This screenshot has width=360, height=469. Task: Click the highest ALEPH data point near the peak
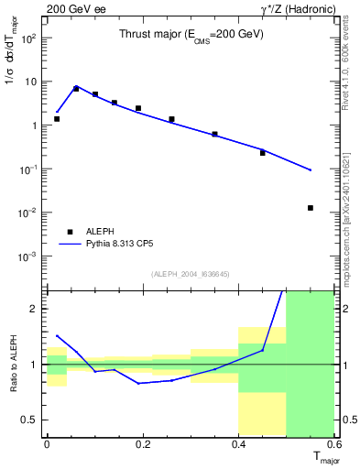76,89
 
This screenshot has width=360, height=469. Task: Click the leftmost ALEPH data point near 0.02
57,119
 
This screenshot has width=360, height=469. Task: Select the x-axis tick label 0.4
238,444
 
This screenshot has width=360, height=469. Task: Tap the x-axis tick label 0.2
142,444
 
